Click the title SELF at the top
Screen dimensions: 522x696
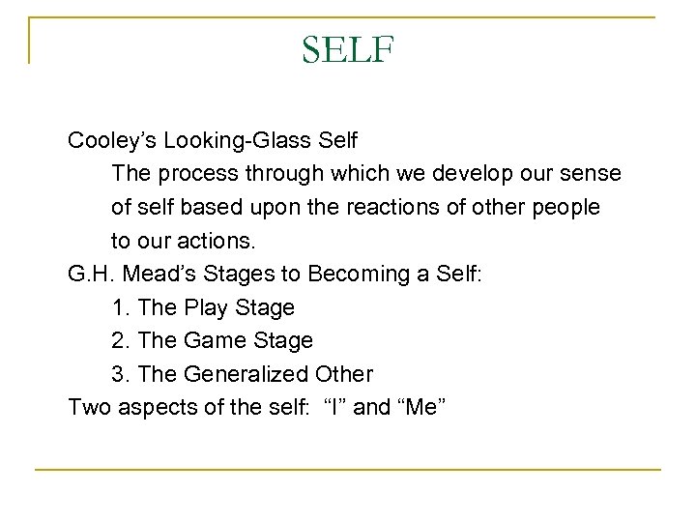(x=348, y=48)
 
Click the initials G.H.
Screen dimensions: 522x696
(x=89, y=275)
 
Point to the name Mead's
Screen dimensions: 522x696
(x=154, y=275)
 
